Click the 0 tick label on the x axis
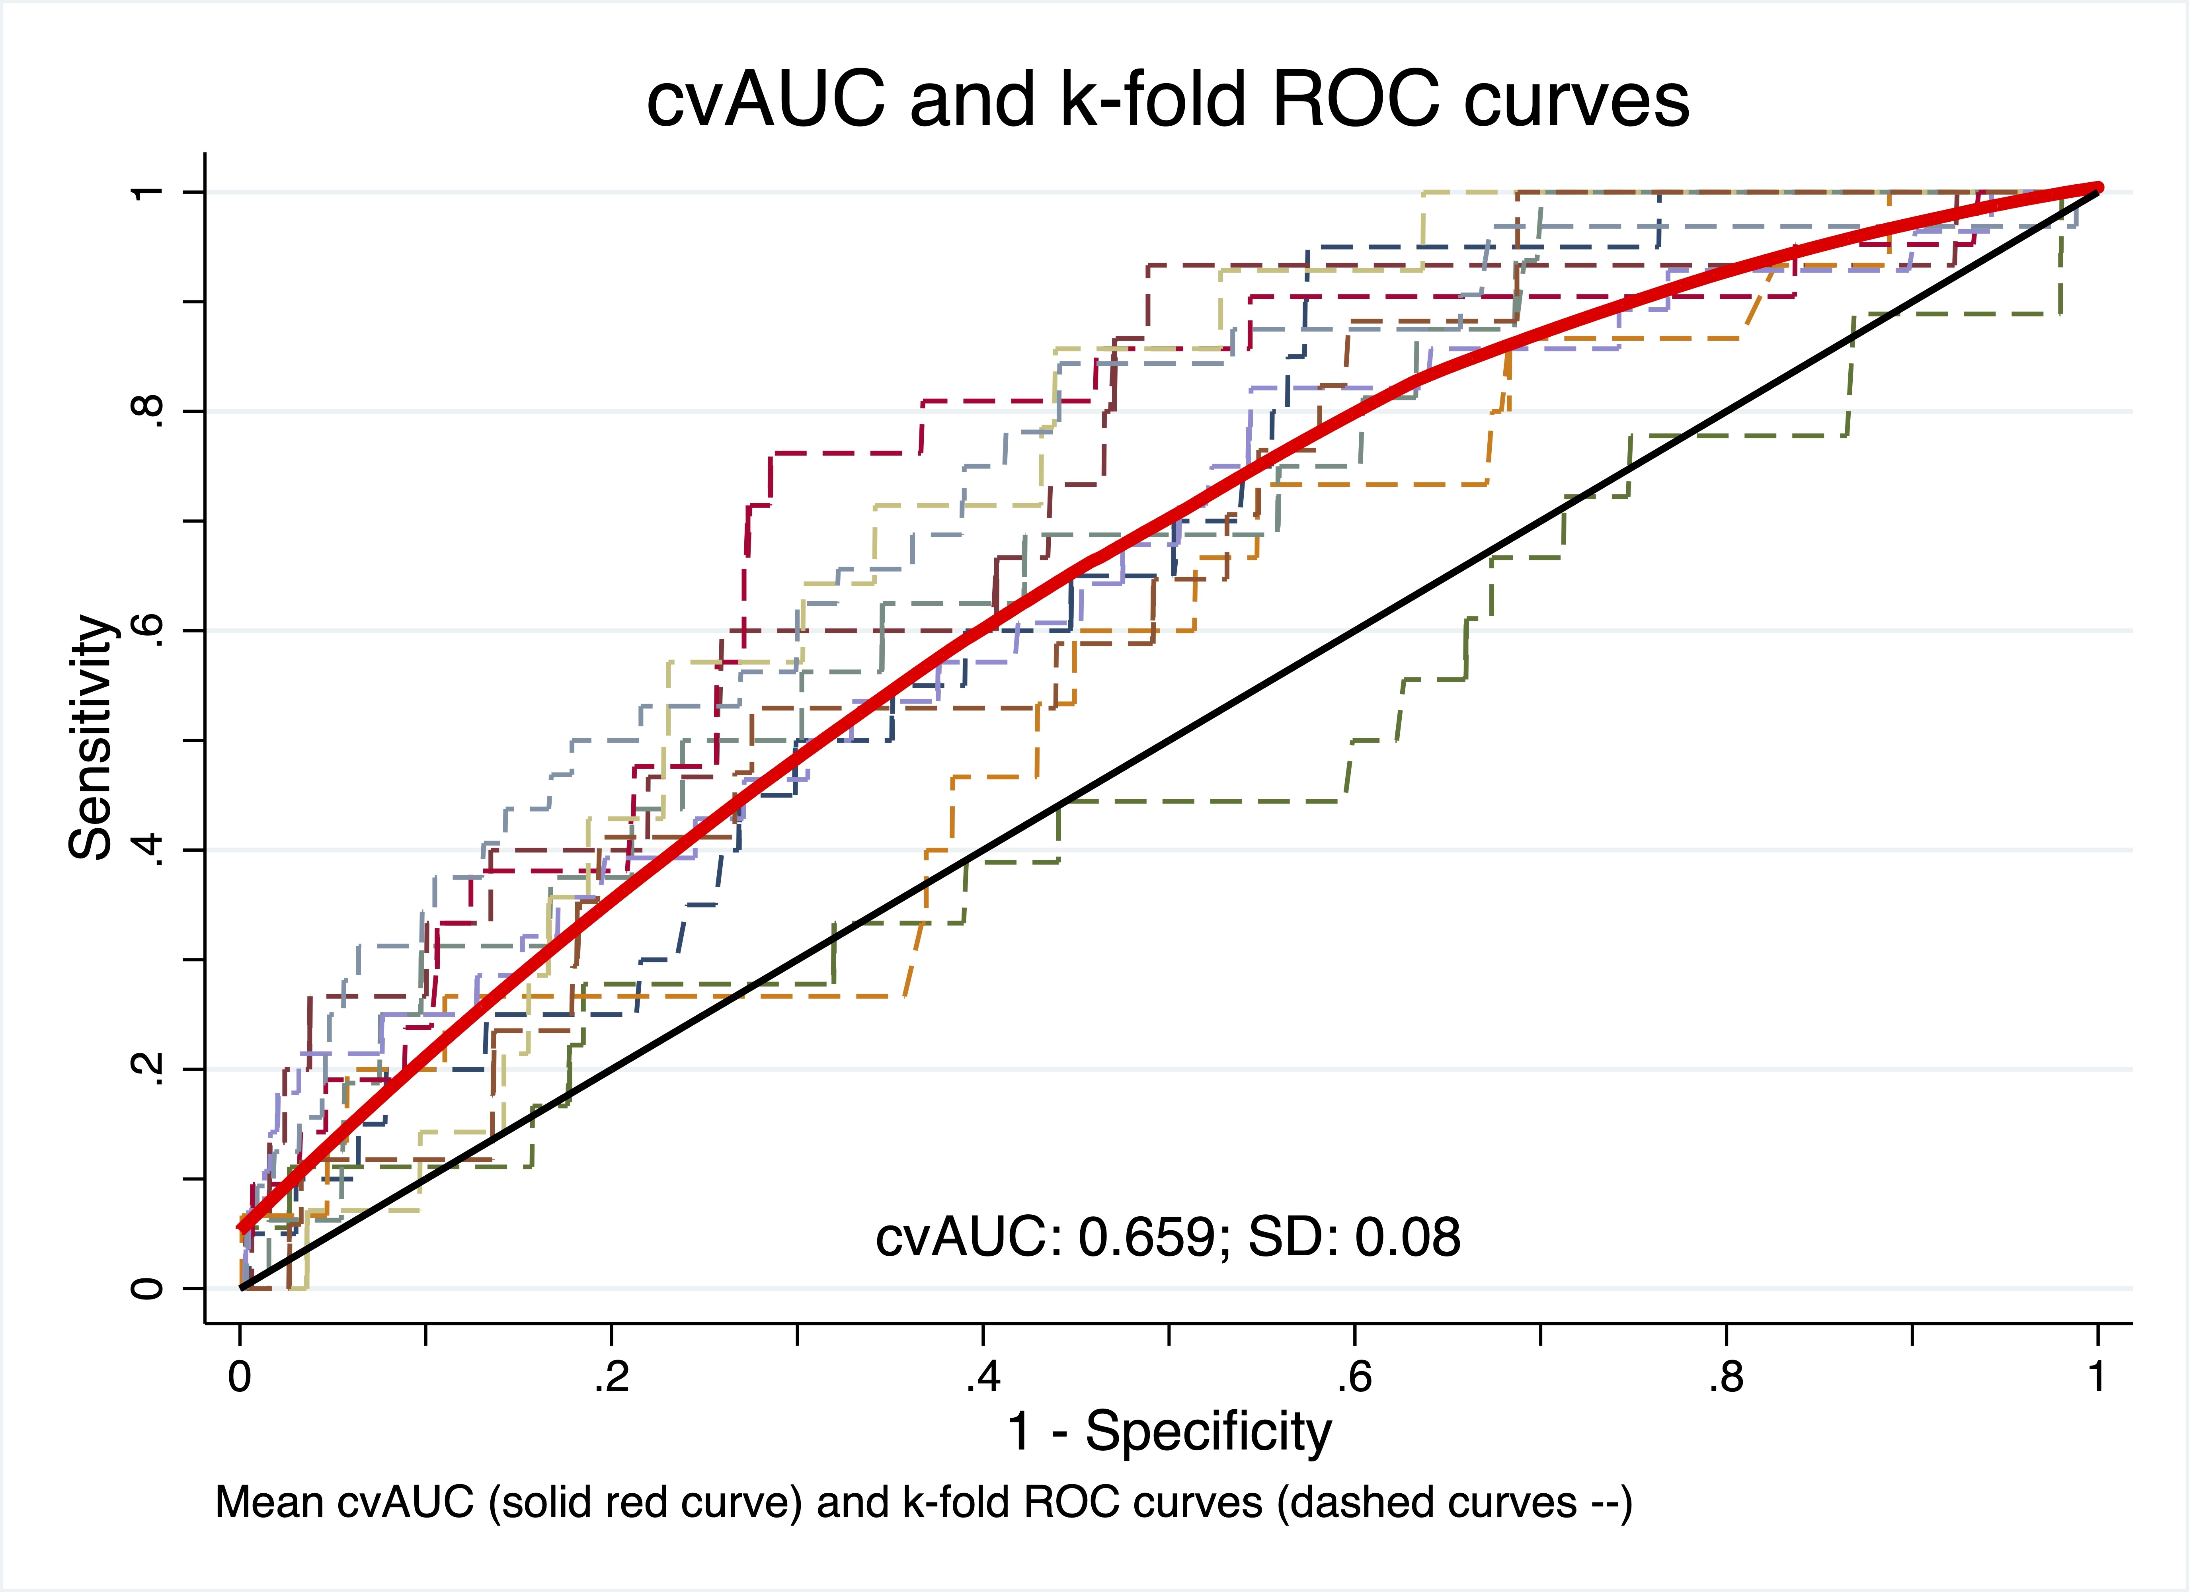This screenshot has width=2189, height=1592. point(239,1377)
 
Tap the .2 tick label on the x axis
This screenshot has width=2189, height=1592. point(611,1377)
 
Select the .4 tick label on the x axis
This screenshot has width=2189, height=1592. point(983,1377)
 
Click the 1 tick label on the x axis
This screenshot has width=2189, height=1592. point(2096,1377)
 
